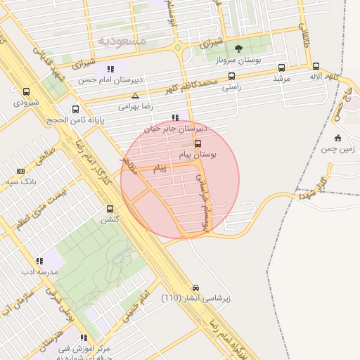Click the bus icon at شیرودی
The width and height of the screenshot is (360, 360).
(x=27, y=91)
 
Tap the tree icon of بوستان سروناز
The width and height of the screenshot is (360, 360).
(x=238, y=49)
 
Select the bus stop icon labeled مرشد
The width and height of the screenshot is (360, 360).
(x=282, y=68)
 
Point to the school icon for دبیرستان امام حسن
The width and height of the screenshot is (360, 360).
(x=110, y=69)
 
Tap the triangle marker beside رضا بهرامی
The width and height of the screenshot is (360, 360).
(x=135, y=95)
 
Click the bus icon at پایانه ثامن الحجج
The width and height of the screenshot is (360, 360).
(x=76, y=109)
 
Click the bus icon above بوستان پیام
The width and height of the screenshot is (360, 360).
(x=198, y=143)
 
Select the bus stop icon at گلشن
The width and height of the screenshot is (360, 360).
(x=110, y=209)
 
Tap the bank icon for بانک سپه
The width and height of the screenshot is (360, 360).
(x=20, y=171)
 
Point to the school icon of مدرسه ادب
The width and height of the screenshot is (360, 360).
(x=39, y=261)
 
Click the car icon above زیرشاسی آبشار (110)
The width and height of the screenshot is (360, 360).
(x=195, y=287)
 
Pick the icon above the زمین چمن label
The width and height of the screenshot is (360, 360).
(x=338, y=138)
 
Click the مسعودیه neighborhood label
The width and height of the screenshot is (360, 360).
(x=122, y=41)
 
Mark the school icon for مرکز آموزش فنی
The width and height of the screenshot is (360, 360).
(x=84, y=337)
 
